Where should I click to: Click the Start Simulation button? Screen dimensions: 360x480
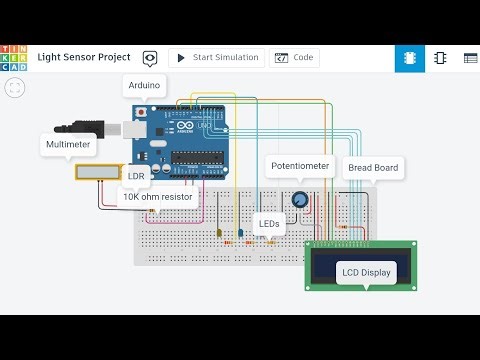point(217,58)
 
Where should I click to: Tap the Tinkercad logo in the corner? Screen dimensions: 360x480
point(14,58)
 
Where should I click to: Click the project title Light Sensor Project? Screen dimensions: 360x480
point(84,58)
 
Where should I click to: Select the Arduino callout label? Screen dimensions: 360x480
point(144,86)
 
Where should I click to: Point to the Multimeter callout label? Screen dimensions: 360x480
point(68,145)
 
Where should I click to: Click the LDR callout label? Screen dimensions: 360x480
point(136,176)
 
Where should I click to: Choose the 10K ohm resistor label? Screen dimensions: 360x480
point(157,197)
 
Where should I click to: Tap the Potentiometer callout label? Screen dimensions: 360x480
point(301,165)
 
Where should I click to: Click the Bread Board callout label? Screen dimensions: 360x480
point(372,168)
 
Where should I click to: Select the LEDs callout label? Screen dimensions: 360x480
point(268,224)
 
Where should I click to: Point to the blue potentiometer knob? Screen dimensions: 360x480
point(299,199)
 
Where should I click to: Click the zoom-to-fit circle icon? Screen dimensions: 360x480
point(14,88)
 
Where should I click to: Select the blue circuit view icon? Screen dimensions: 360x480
point(410,58)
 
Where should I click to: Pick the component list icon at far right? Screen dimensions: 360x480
point(470,58)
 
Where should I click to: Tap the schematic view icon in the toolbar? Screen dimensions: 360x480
point(440,58)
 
